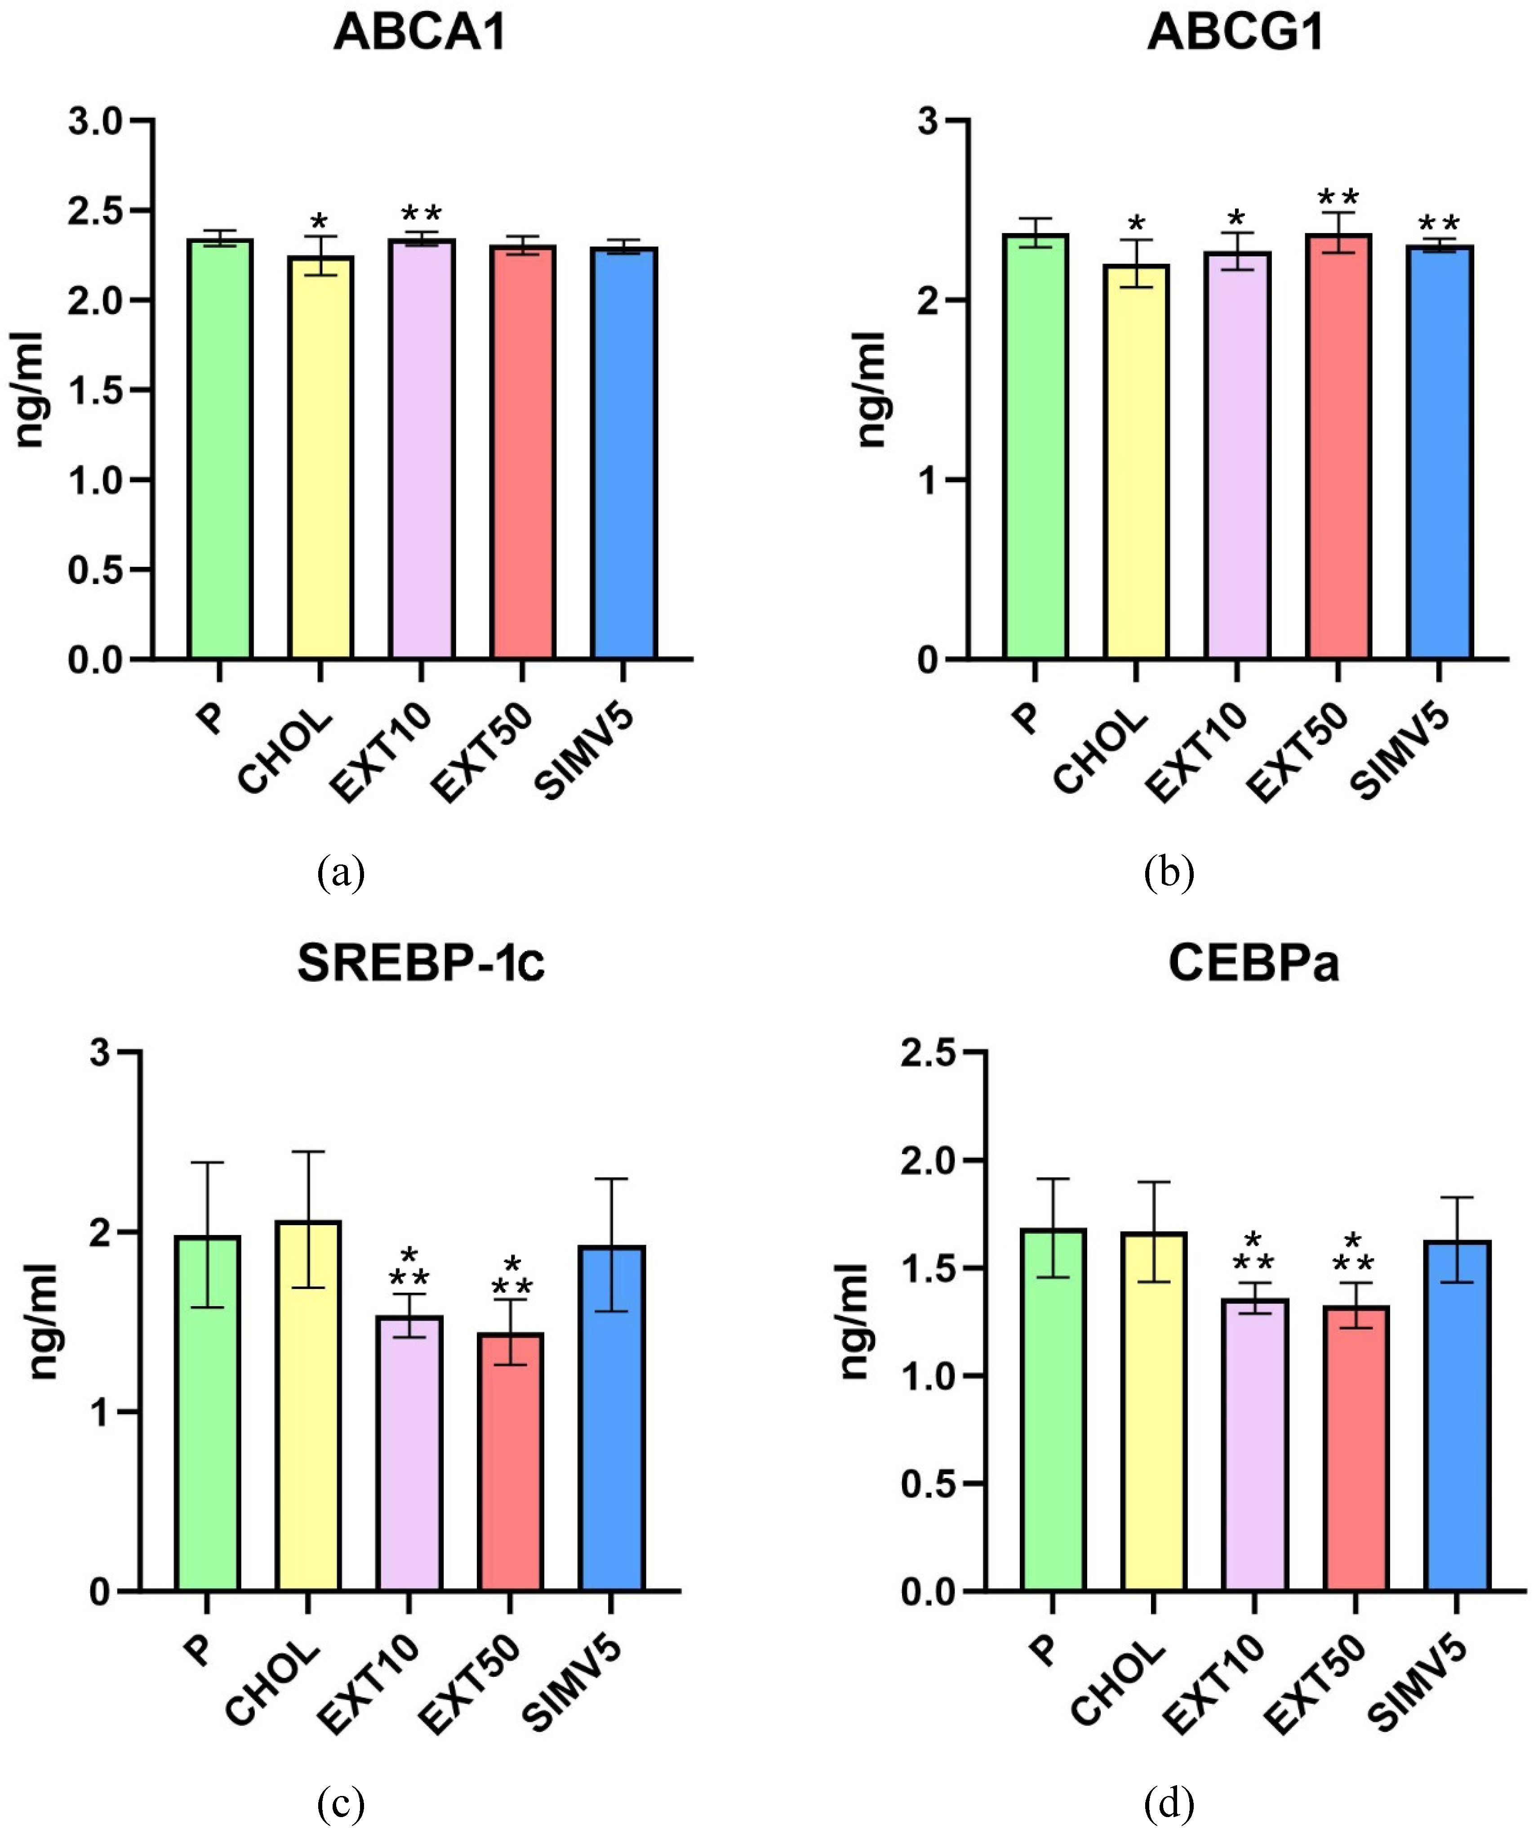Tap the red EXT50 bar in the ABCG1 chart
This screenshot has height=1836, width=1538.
point(1338,446)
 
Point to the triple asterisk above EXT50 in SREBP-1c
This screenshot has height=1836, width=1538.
point(511,1276)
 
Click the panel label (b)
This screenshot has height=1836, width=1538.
point(1169,872)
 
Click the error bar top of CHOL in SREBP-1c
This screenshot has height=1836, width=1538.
point(307,1151)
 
